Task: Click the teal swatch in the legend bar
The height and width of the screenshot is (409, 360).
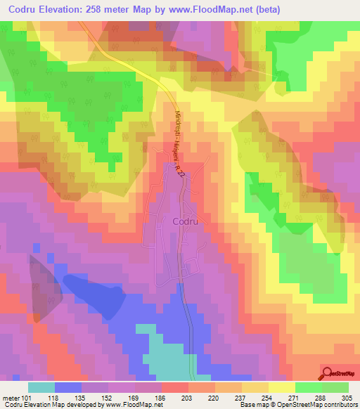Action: [x=41, y=387]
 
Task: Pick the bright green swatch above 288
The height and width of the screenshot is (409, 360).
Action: [x=308, y=387]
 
